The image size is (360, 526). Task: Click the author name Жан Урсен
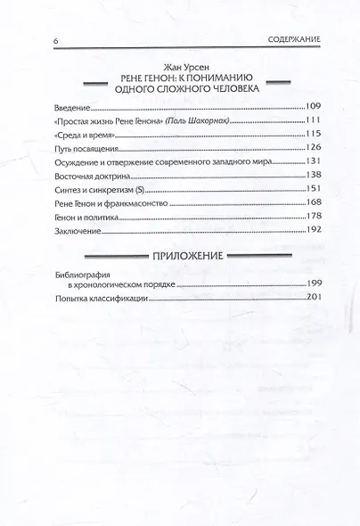coord(179,65)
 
